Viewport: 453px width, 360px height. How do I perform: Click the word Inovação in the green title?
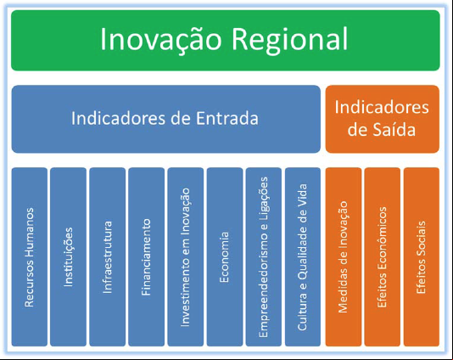(x=160, y=40)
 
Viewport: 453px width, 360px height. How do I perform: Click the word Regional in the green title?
(x=289, y=40)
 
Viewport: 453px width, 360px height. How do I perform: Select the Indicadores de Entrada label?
(x=165, y=118)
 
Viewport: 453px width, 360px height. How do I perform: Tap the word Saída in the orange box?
(x=394, y=129)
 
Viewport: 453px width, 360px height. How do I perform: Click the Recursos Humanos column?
(x=30, y=256)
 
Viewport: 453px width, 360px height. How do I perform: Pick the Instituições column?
(x=68, y=256)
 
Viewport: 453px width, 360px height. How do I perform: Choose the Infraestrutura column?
(x=108, y=256)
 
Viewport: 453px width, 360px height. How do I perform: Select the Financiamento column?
(x=147, y=256)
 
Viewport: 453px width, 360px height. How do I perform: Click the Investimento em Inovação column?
(x=186, y=256)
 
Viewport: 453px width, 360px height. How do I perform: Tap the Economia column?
(x=225, y=256)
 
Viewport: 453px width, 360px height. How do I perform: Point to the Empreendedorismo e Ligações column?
(x=264, y=256)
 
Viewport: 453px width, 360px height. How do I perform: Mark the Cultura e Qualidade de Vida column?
(x=303, y=256)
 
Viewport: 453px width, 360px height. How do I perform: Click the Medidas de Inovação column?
(x=344, y=256)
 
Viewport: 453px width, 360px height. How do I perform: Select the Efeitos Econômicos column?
(x=383, y=256)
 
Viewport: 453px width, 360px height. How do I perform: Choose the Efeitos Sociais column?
(x=422, y=256)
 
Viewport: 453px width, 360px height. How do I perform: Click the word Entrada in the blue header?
(x=227, y=118)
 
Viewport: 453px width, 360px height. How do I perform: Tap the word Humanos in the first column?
(x=30, y=232)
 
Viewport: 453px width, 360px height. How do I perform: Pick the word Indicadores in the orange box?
(x=382, y=107)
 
